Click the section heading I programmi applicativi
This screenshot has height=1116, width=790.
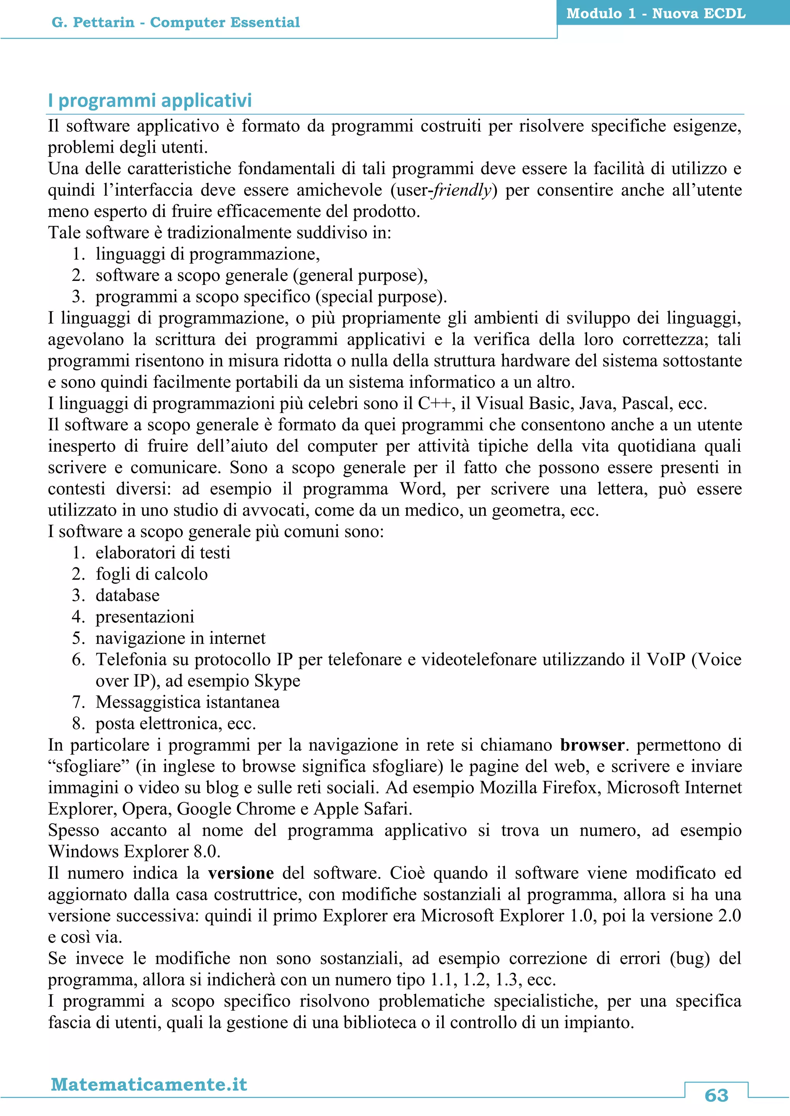pos(150,101)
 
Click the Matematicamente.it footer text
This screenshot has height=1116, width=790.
pos(149,1084)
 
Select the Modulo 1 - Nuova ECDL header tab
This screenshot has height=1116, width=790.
pos(656,13)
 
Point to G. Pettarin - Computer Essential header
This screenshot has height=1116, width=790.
pos(176,22)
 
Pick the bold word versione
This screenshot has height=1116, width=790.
pos(241,873)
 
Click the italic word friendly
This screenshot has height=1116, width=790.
pos(462,190)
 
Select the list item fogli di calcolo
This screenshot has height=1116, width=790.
pos(151,574)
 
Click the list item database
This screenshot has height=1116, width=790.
pos(127,595)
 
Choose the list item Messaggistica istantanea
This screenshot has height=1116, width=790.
pos(187,703)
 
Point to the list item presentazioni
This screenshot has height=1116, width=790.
pos(145,617)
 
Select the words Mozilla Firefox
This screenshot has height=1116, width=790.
pos(538,787)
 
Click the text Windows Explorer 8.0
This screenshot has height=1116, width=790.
pos(134,852)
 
